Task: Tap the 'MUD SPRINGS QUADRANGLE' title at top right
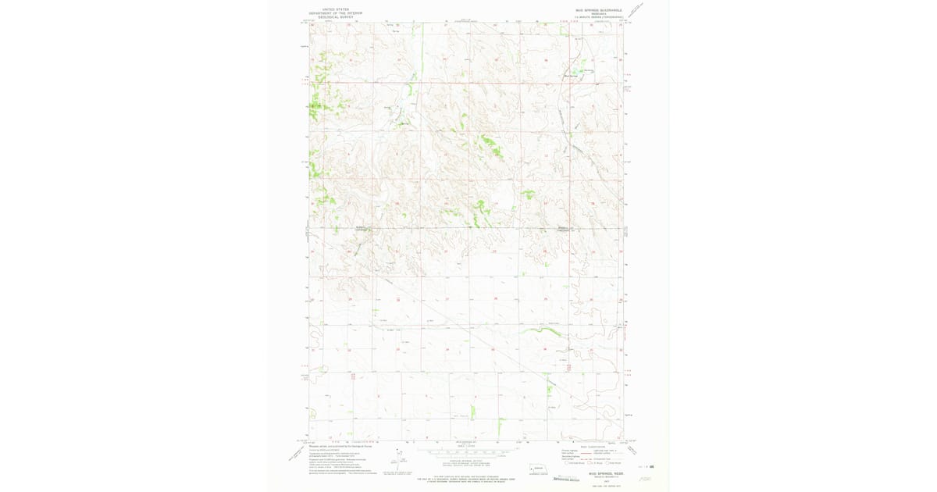tap(599, 10)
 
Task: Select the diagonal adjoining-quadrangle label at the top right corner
tap(642, 10)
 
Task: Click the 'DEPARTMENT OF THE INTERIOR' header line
tap(335, 12)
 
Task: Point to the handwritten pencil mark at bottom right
tap(644, 479)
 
